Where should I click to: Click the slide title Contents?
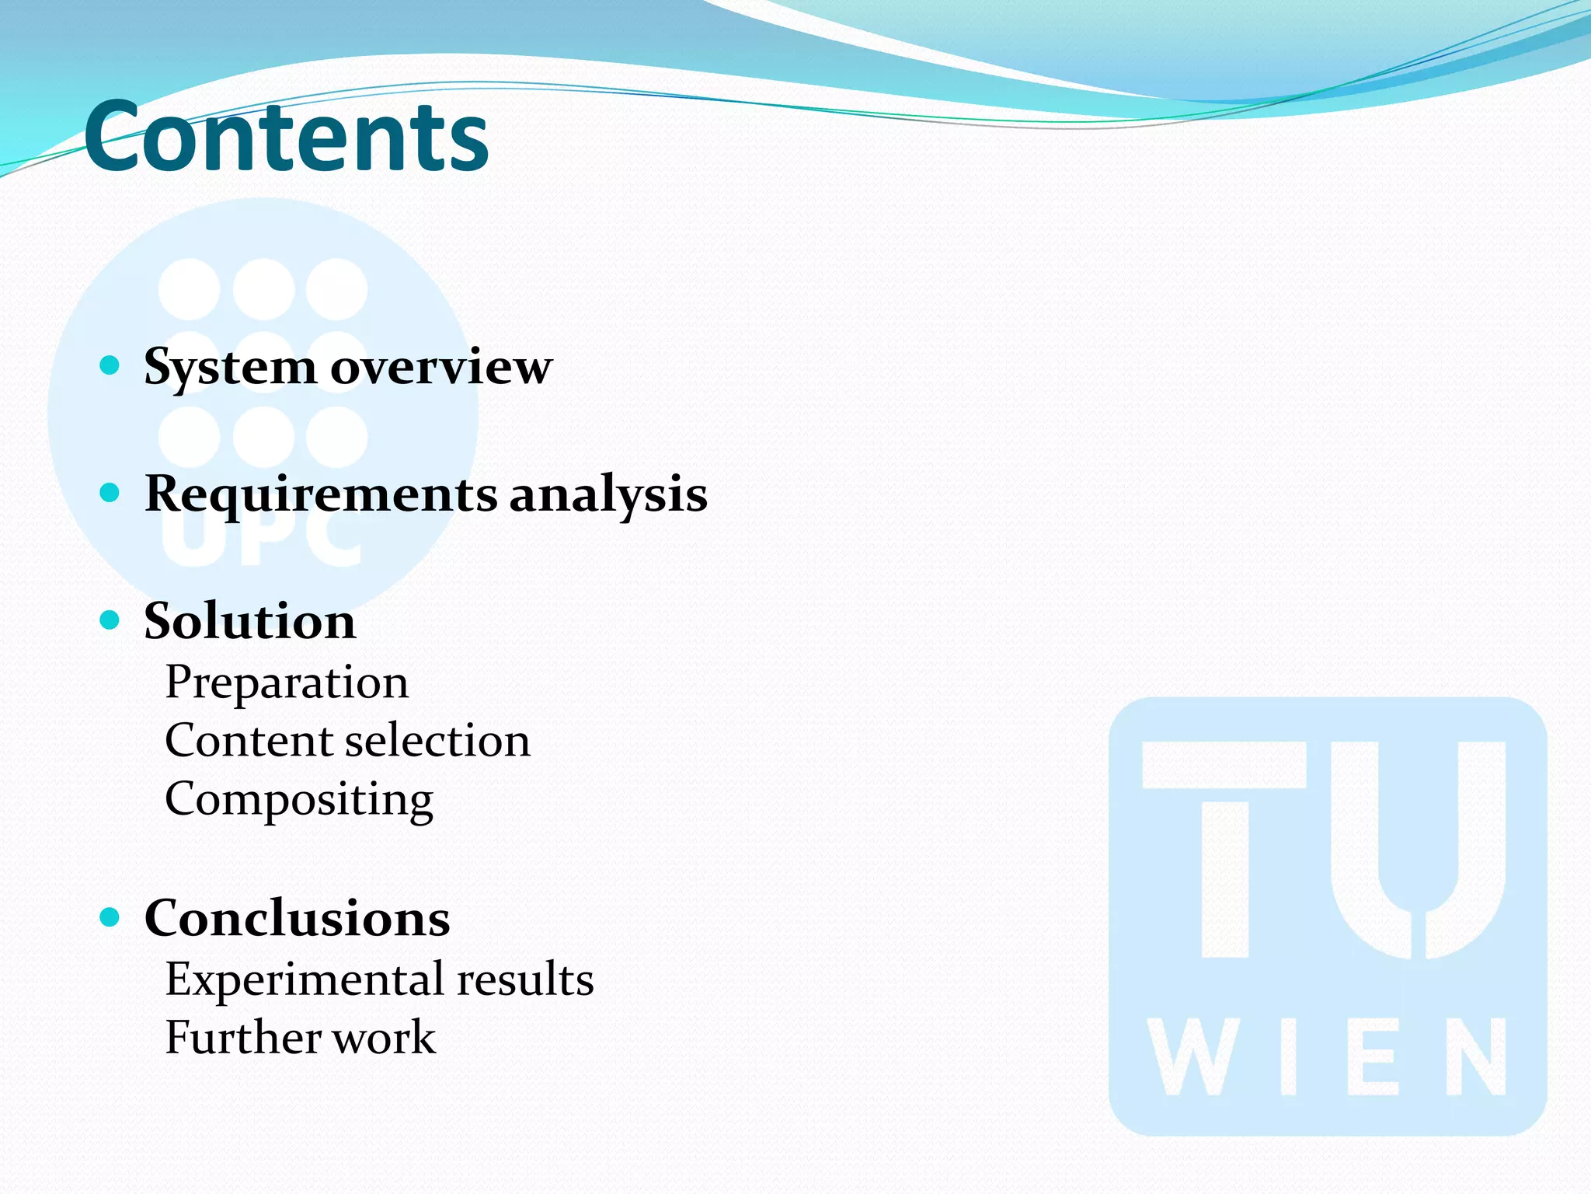coord(286,138)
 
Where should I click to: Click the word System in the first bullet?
coord(229,367)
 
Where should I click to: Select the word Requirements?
coord(321,495)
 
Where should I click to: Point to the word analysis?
coord(608,495)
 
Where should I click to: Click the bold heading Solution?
coord(249,622)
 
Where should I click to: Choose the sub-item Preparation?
coord(287,683)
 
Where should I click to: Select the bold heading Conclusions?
coord(297,919)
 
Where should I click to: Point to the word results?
coord(525,979)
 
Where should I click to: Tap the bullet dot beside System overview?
coord(110,365)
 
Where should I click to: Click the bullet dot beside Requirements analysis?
coord(110,493)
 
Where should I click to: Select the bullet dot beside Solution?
coord(110,620)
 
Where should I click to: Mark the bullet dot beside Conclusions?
coord(110,918)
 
